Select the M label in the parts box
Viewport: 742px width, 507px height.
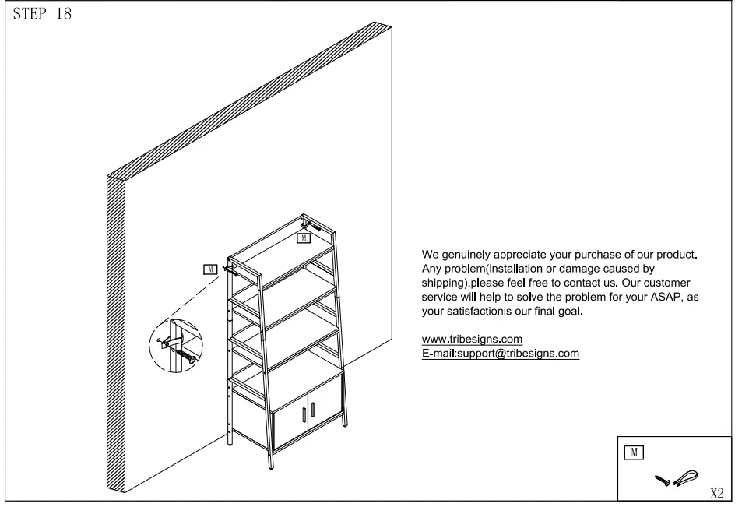click(x=635, y=452)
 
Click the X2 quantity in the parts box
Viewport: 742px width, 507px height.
click(x=717, y=493)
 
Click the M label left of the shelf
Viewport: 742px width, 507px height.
click(x=209, y=269)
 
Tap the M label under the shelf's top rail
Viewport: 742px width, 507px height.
click(x=304, y=237)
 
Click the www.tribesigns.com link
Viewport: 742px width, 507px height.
click(x=471, y=340)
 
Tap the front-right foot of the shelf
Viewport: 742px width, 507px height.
click(x=272, y=465)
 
